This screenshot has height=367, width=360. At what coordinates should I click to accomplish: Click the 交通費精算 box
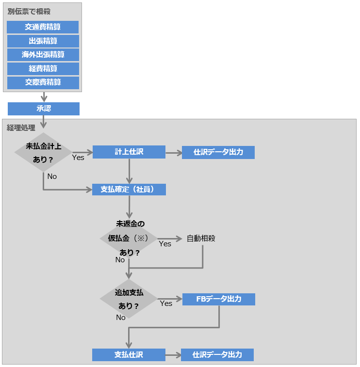pos(43,27)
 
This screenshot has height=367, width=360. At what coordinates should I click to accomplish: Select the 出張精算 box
pos(43,41)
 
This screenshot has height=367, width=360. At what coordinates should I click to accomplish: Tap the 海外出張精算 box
pos(43,55)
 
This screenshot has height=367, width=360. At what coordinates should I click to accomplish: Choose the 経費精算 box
pos(43,69)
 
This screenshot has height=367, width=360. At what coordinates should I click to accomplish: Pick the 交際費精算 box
pos(43,82)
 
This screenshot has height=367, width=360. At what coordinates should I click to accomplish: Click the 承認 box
pos(44,109)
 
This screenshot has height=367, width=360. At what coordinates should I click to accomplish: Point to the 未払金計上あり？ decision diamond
pos(43,152)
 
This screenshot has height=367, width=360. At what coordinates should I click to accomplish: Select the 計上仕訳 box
pos(129,152)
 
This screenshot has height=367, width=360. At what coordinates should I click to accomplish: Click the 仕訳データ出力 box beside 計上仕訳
pos(218,152)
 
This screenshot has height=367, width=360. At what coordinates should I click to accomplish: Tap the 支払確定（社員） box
pos(129,189)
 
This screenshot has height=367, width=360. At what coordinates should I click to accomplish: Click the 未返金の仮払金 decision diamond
pos(129,238)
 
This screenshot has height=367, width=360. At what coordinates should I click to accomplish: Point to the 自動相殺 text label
pos(201,239)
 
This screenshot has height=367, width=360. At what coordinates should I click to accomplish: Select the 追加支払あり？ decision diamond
pos(129,299)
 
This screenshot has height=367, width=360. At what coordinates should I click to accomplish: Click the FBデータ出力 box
pos(218,299)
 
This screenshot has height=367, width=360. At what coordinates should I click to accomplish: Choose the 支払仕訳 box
pos(129,355)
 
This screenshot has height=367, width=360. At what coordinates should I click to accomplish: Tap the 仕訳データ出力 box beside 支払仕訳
pos(217,355)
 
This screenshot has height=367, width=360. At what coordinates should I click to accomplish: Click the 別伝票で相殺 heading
pos(29,11)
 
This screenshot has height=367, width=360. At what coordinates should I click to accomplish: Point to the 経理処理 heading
pos(21,128)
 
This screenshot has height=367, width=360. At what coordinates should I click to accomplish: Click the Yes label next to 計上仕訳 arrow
pos(78,157)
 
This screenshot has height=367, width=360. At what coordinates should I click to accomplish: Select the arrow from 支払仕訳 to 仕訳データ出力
pos(173,355)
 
